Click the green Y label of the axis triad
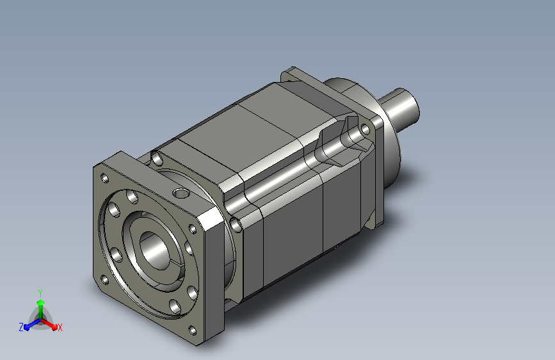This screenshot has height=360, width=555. (x=40, y=293)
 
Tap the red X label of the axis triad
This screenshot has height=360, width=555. (x=60, y=327)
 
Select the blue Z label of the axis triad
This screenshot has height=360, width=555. (x=21, y=327)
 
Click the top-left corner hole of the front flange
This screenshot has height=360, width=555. (x=105, y=178)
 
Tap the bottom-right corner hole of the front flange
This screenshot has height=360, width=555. (x=193, y=331)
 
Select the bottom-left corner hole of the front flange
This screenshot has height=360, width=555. (x=105, y=281)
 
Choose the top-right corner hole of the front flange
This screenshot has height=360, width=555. (x=193, y=229)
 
